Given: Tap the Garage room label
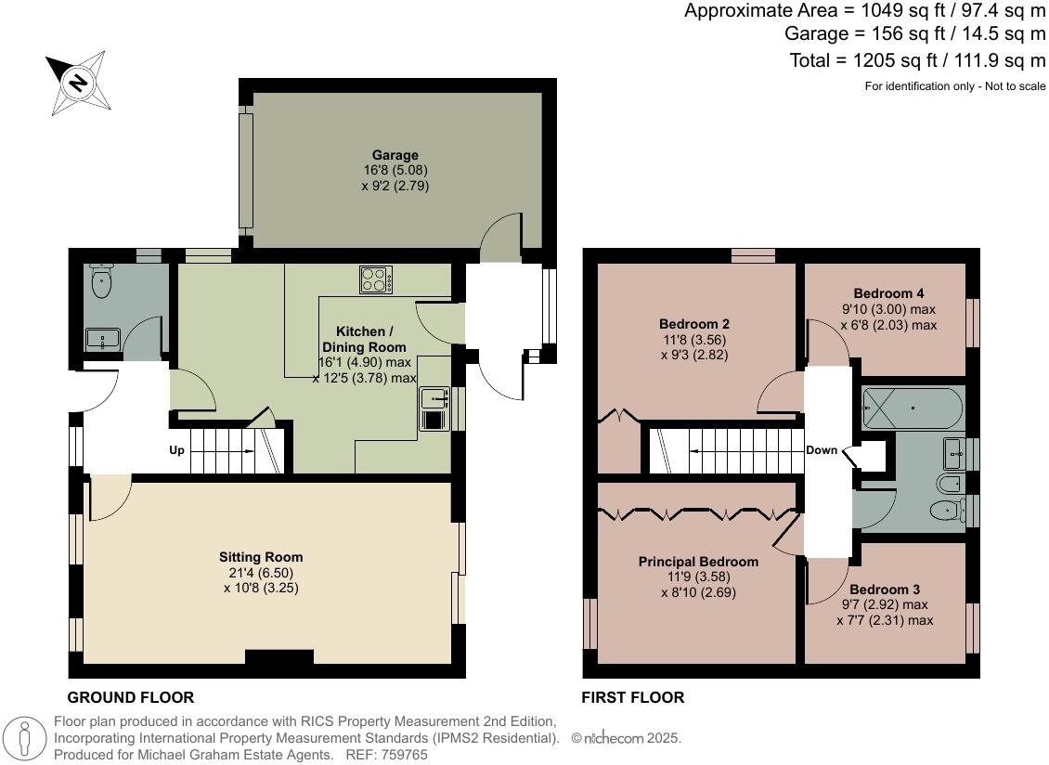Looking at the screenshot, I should (x=395, y=155).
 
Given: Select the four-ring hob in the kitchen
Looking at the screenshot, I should (x=376, y=279).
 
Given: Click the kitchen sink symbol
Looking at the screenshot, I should (x=434, y=398).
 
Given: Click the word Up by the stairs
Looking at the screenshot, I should (x=176, y=451).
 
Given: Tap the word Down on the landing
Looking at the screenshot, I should (x=822, y=450).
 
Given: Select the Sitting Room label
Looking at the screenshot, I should (x=261, y=557).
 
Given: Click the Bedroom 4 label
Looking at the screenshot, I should (x=888, y=293).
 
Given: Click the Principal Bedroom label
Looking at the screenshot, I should (x=698, y=562).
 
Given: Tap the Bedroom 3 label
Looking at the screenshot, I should (x=885, y=590).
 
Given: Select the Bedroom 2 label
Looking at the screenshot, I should (x=694, y=324).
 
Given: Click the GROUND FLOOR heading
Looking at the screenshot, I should (x=131, y=697).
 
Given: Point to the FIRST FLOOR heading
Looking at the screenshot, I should (x=632, y=697).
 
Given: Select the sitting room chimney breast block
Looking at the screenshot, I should (x=279, y=657).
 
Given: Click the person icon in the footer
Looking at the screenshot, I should (x=27, y=739).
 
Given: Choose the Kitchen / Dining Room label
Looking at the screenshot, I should (x=364, y=339).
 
